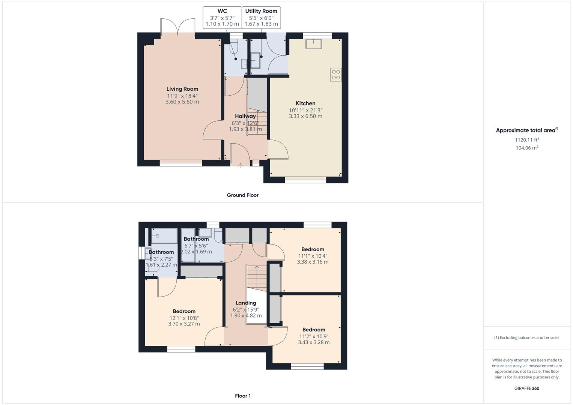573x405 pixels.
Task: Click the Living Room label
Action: point(182,89)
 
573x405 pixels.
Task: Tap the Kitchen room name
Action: point(305,103)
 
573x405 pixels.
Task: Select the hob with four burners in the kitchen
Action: point(336,75)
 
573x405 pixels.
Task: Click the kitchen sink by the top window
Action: point(314,43)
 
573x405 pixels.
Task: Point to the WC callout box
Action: point(222,17)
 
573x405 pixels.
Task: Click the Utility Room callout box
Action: point(261,17)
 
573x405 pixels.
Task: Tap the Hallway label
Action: point(245,116)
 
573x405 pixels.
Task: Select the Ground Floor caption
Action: point(242,195)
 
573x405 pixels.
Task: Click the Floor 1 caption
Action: point(243,396)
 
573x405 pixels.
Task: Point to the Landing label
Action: point(246,303)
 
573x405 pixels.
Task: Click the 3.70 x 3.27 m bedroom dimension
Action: point(184,324)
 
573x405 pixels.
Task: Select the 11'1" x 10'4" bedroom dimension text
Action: point(313,256)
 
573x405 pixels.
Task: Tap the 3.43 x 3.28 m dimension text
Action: point(314,342)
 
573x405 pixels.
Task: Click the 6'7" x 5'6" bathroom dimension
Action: point(196,246)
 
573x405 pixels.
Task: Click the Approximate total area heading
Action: point(527,130)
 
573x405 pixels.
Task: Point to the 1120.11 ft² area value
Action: point(527,140)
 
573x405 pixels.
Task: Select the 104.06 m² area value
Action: point(527,148)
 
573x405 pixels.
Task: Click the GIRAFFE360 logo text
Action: point(526,388)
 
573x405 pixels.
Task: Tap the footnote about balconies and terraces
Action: point(526,337)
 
